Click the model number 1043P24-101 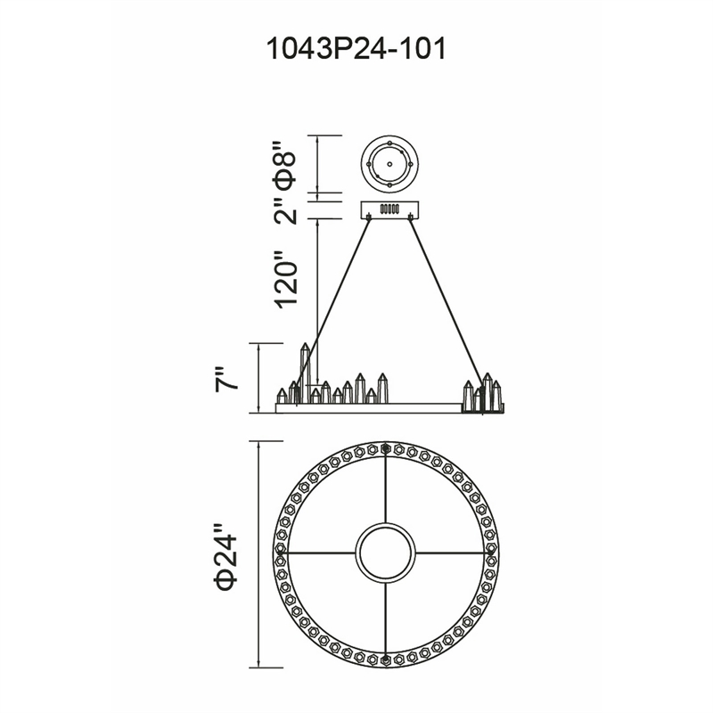tap(356, 49)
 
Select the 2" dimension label tap(284, 210)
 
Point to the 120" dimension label tap(284, 279)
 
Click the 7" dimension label tap(226, 379)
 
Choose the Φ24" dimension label tap(226, 555)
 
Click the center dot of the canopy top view tap(389, 164)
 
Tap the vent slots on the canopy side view tap(389, 209)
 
